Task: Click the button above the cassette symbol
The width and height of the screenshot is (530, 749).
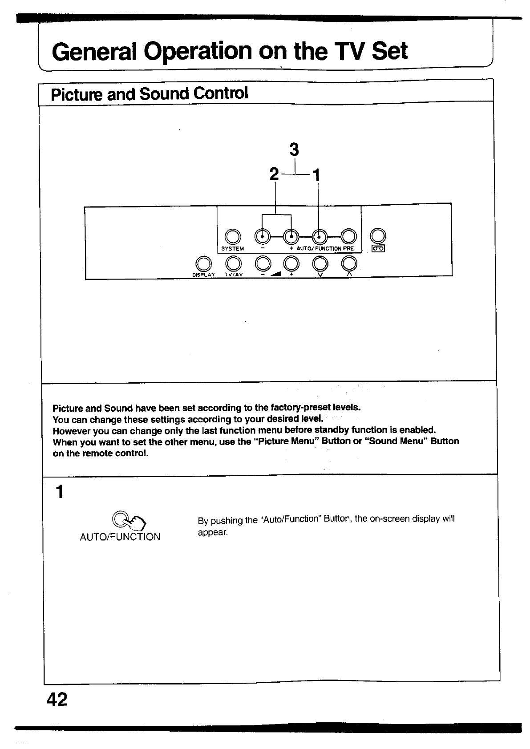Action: (x=377, y=235)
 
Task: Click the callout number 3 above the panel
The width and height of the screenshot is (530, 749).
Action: (x=294, y=150)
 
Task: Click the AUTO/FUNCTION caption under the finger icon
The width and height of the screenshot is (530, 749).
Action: (x=120, y=537)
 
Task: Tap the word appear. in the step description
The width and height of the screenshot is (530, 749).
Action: (x=213, y=533)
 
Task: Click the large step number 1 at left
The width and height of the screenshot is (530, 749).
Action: (x=58, y=492)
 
